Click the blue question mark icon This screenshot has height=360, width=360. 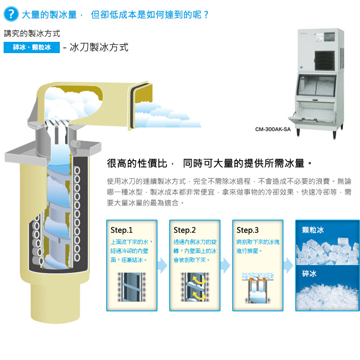[11, 14]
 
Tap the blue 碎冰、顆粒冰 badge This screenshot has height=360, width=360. [31, 47]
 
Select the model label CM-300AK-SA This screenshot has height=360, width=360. [273, 129]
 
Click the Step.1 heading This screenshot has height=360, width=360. [121, 230]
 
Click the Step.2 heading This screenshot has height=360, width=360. [184, 230]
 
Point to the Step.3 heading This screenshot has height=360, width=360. [247, 230]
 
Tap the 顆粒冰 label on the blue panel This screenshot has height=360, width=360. [313, 230]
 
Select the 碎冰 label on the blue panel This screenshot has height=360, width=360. [309, 274]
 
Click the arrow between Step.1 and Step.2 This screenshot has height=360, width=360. [162, 265]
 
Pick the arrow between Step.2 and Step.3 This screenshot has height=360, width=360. [225, 265]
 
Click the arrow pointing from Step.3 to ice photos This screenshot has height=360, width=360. [288, 265]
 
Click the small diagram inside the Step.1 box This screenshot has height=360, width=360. [131, 287]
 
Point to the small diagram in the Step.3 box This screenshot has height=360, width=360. [257, 288]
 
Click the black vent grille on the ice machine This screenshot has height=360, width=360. [324, 61]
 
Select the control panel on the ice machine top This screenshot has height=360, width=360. [329, 37]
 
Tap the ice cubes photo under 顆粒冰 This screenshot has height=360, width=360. [328, 252]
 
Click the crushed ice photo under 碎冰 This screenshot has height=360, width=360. [328, 297]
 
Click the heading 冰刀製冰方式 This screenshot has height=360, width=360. [99, 47]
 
